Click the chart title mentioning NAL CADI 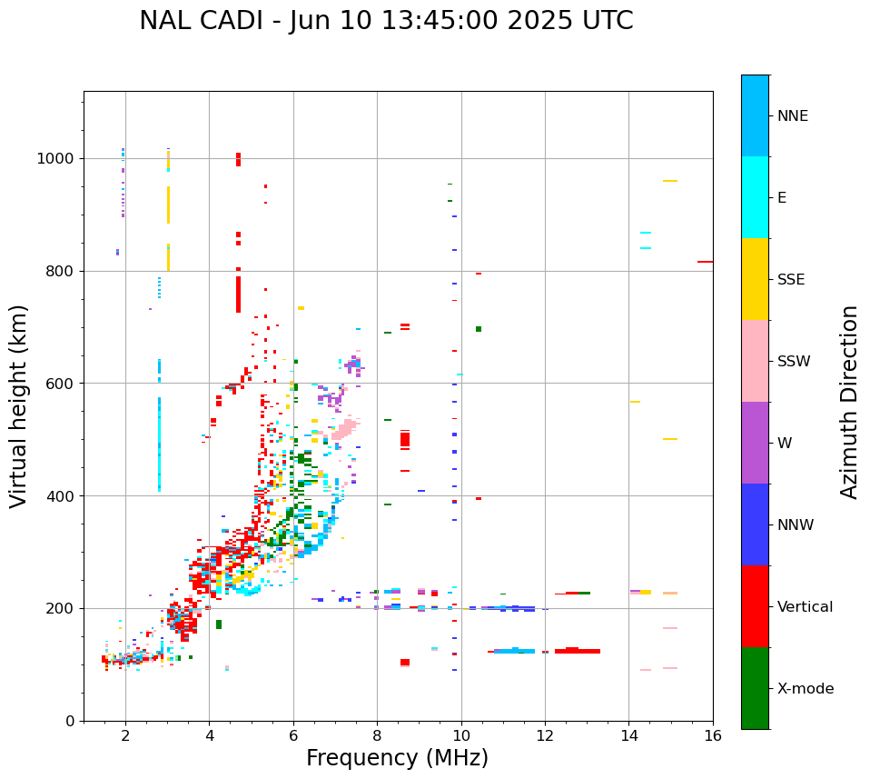pyautogui.click(x=386, y=21)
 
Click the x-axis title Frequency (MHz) pyautogui.click(x=397, y=758)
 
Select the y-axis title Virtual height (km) pyautogui.click(x=19, y=406)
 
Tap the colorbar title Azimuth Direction pyautogui.click(x=849, y=402)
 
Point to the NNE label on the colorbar pyautogui.click(x=792, y=116)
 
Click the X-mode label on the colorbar pyautogui.click(x=806, y=689)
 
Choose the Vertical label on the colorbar pyautogui.click(x=805, y=607)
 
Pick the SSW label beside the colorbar pyautogui.click(x=794, y=362)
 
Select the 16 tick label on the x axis pyautogui.click(x=713, y=735)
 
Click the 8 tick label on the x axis pyautogui.click(x=377, y=735)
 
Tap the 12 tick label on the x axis pyautogui.click(x=545, y=735)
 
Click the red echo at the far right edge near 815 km pyautogui.click(x=705, y=262)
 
